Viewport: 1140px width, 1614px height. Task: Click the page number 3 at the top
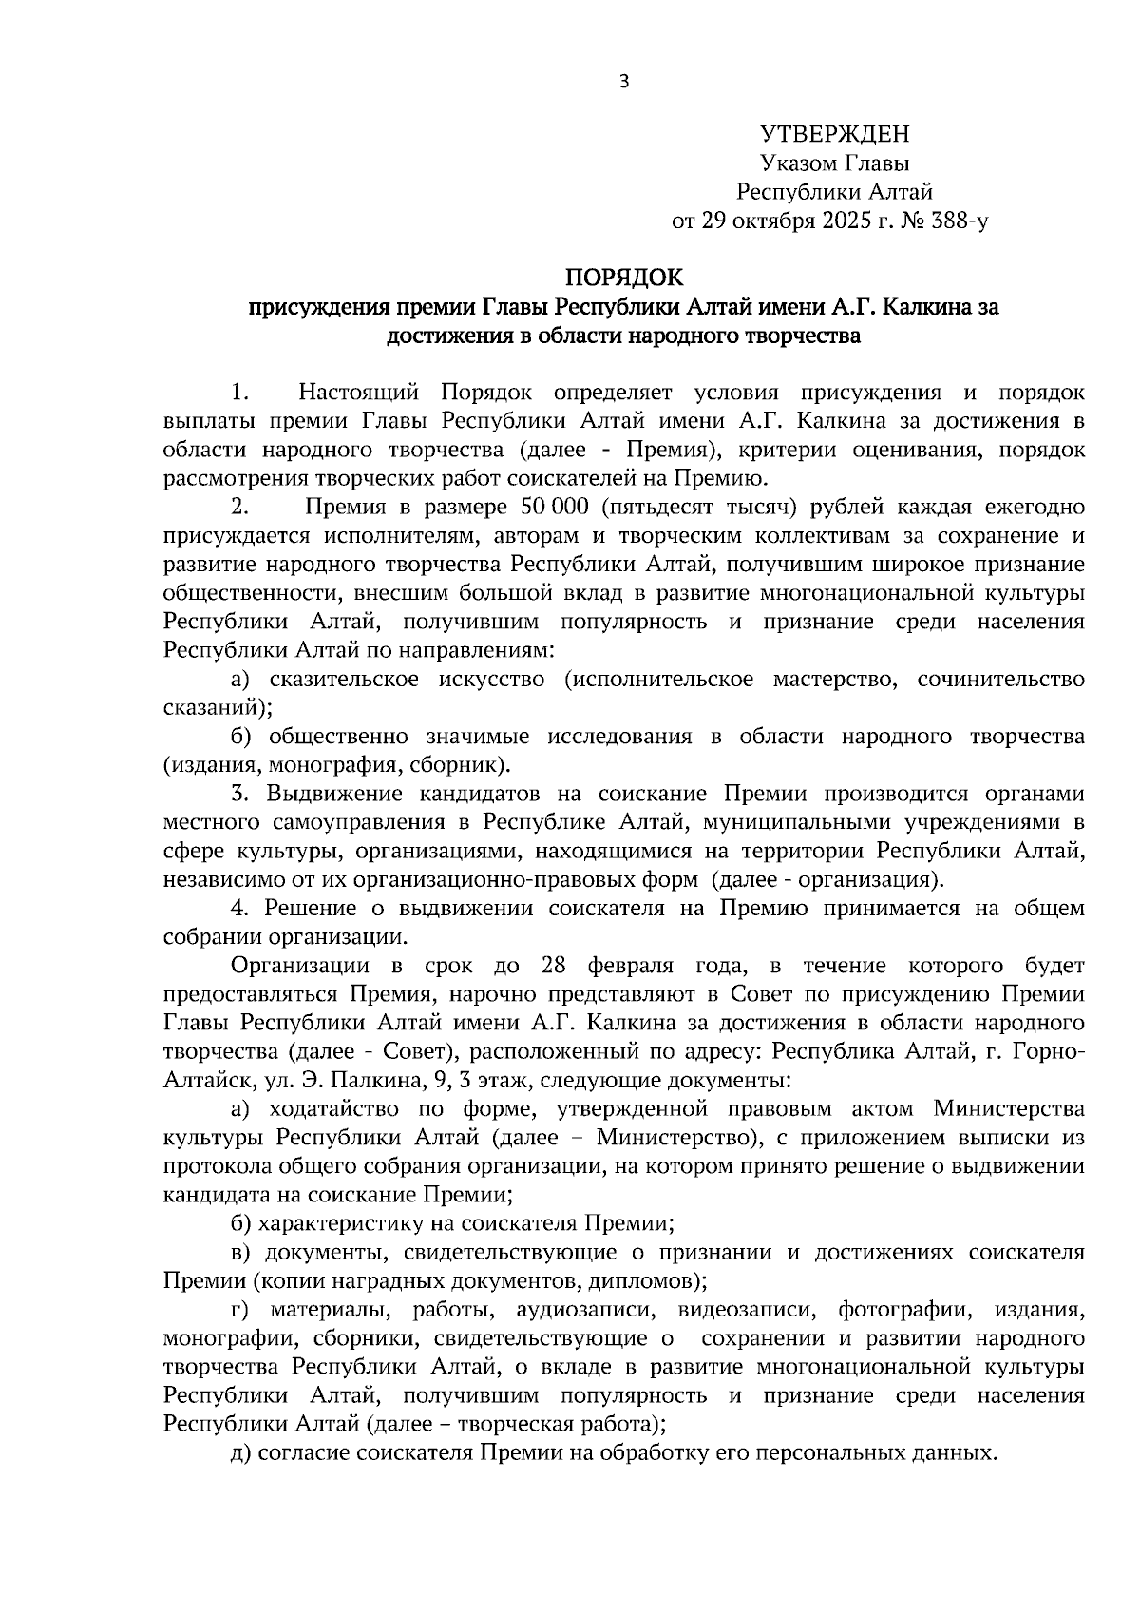624,82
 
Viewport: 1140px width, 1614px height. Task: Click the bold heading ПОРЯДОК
624,278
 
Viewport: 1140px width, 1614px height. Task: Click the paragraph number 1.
239,393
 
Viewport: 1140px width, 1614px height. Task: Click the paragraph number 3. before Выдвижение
240,794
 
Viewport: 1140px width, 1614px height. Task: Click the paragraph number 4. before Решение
240,909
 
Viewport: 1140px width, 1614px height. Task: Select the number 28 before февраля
554,966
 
